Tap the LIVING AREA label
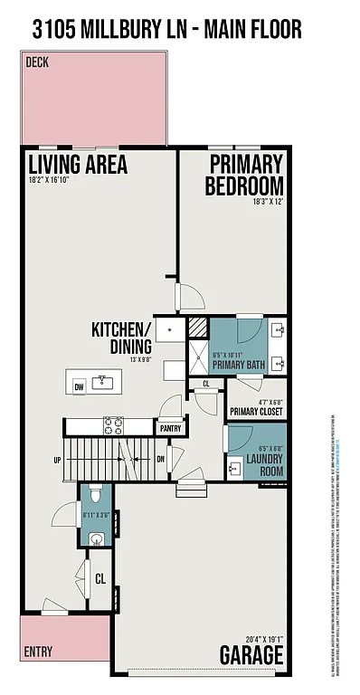click(x=77, y=166)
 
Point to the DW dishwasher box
click(x=79, y=386)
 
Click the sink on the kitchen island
click(x=107, y=382)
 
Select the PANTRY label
click(x=170, y=430)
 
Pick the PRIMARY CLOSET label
click(x=256, y=412)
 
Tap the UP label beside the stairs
click(x=59, y=460)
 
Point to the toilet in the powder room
click(x=95, y=496)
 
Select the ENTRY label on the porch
click(x=39, y=652)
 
